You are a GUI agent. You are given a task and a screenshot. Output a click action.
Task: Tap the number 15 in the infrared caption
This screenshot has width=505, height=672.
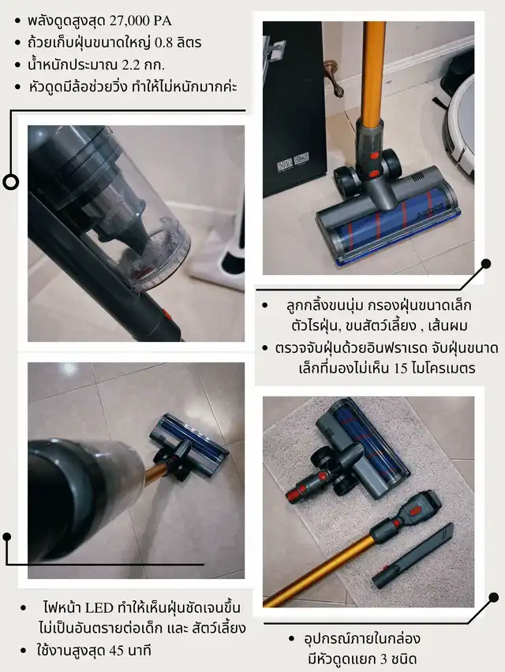[400, 368]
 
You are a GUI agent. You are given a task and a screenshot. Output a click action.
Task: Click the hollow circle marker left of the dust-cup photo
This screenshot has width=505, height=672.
[11, 182]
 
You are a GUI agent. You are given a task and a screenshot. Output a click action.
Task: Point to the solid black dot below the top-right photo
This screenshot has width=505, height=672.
[486, 264]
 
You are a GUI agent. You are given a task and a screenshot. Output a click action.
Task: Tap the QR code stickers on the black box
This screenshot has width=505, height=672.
[293, 162]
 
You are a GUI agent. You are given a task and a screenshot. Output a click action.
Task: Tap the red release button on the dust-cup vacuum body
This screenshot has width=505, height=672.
[167, 314]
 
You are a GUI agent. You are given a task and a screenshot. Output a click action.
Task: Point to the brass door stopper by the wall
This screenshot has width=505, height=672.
[334, 76]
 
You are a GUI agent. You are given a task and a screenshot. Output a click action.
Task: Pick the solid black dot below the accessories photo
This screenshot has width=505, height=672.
[494, 597]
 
